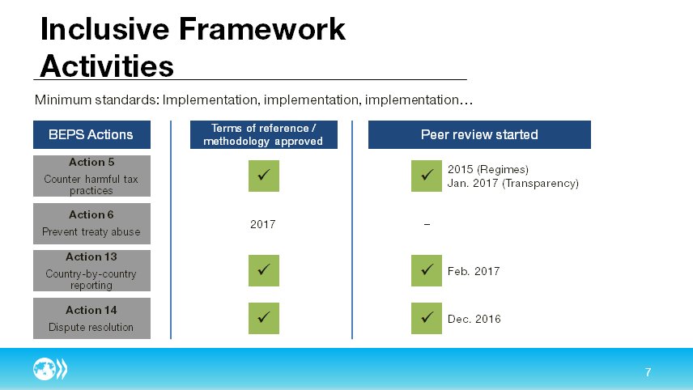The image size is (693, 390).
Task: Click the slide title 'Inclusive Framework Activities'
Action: point(193,47)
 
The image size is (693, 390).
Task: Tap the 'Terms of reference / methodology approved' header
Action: point(262,134)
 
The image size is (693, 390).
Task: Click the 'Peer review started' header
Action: point(479,134)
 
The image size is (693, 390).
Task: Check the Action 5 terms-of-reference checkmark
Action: point(263,176)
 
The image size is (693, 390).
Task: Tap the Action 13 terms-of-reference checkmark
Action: point(263,271)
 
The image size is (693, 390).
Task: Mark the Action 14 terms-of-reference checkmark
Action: point(263,318)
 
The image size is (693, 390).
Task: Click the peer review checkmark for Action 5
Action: point(426,176)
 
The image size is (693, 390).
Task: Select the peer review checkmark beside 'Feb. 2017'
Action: point(426,271)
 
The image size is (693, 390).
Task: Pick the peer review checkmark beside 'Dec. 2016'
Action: point(426,318)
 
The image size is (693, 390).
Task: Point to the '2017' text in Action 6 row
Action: point(262,224)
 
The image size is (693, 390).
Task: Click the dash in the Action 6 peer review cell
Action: point(427,224)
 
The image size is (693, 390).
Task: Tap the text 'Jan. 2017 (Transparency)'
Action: point(512,184)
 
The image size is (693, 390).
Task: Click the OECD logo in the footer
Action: point(50,371)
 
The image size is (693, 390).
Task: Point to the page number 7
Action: point(648,372)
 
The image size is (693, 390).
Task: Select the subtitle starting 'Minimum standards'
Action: point(253,101)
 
